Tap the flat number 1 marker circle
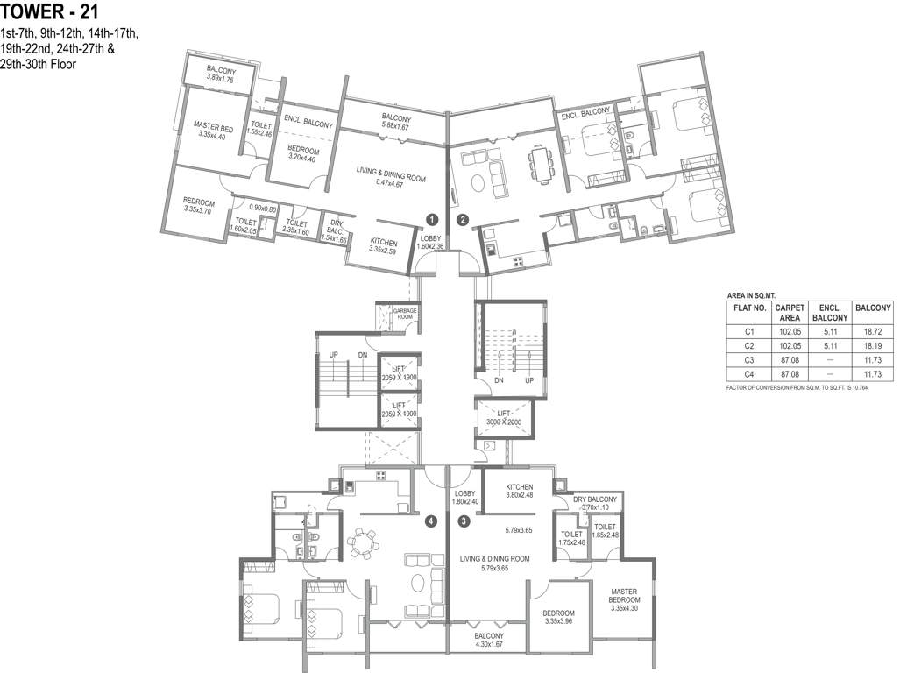[x=433, y=218]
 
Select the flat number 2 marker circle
[x=462, y=218]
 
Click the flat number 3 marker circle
[x=464, y=521]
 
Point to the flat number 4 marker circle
[x=431, y=521]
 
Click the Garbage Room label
[x=405, y=314]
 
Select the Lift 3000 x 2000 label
[x=503, y=417]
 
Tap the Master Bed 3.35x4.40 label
[x=213, y=131]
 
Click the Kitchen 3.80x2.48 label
[x=520, y=491]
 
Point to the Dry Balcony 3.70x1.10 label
[x=595, y=503]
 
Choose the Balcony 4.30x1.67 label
[x=489, y=640]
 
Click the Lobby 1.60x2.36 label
[x=430, y=242]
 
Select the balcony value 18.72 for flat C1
[x=873, y=331]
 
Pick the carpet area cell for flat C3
[x=790, y=360]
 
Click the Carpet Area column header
[x=790, y=313]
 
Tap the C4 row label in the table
[x=749, y=375]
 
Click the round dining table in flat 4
[x=363, y=542]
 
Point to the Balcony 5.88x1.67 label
[x=396, y=122]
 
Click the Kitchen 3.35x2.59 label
[x=384, y=246]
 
